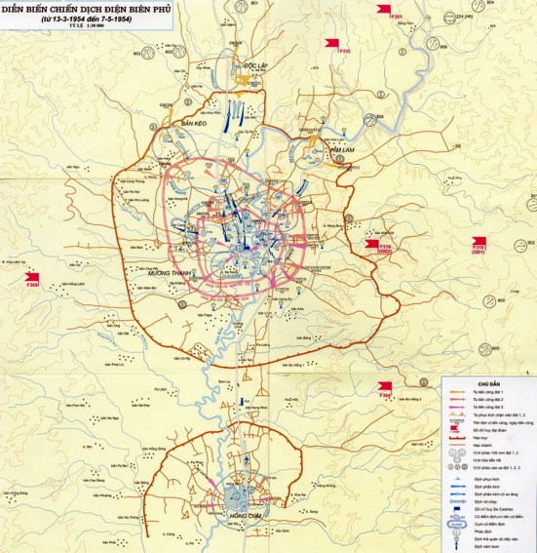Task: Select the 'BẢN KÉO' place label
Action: pyautogui.click(x=196, y=125)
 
